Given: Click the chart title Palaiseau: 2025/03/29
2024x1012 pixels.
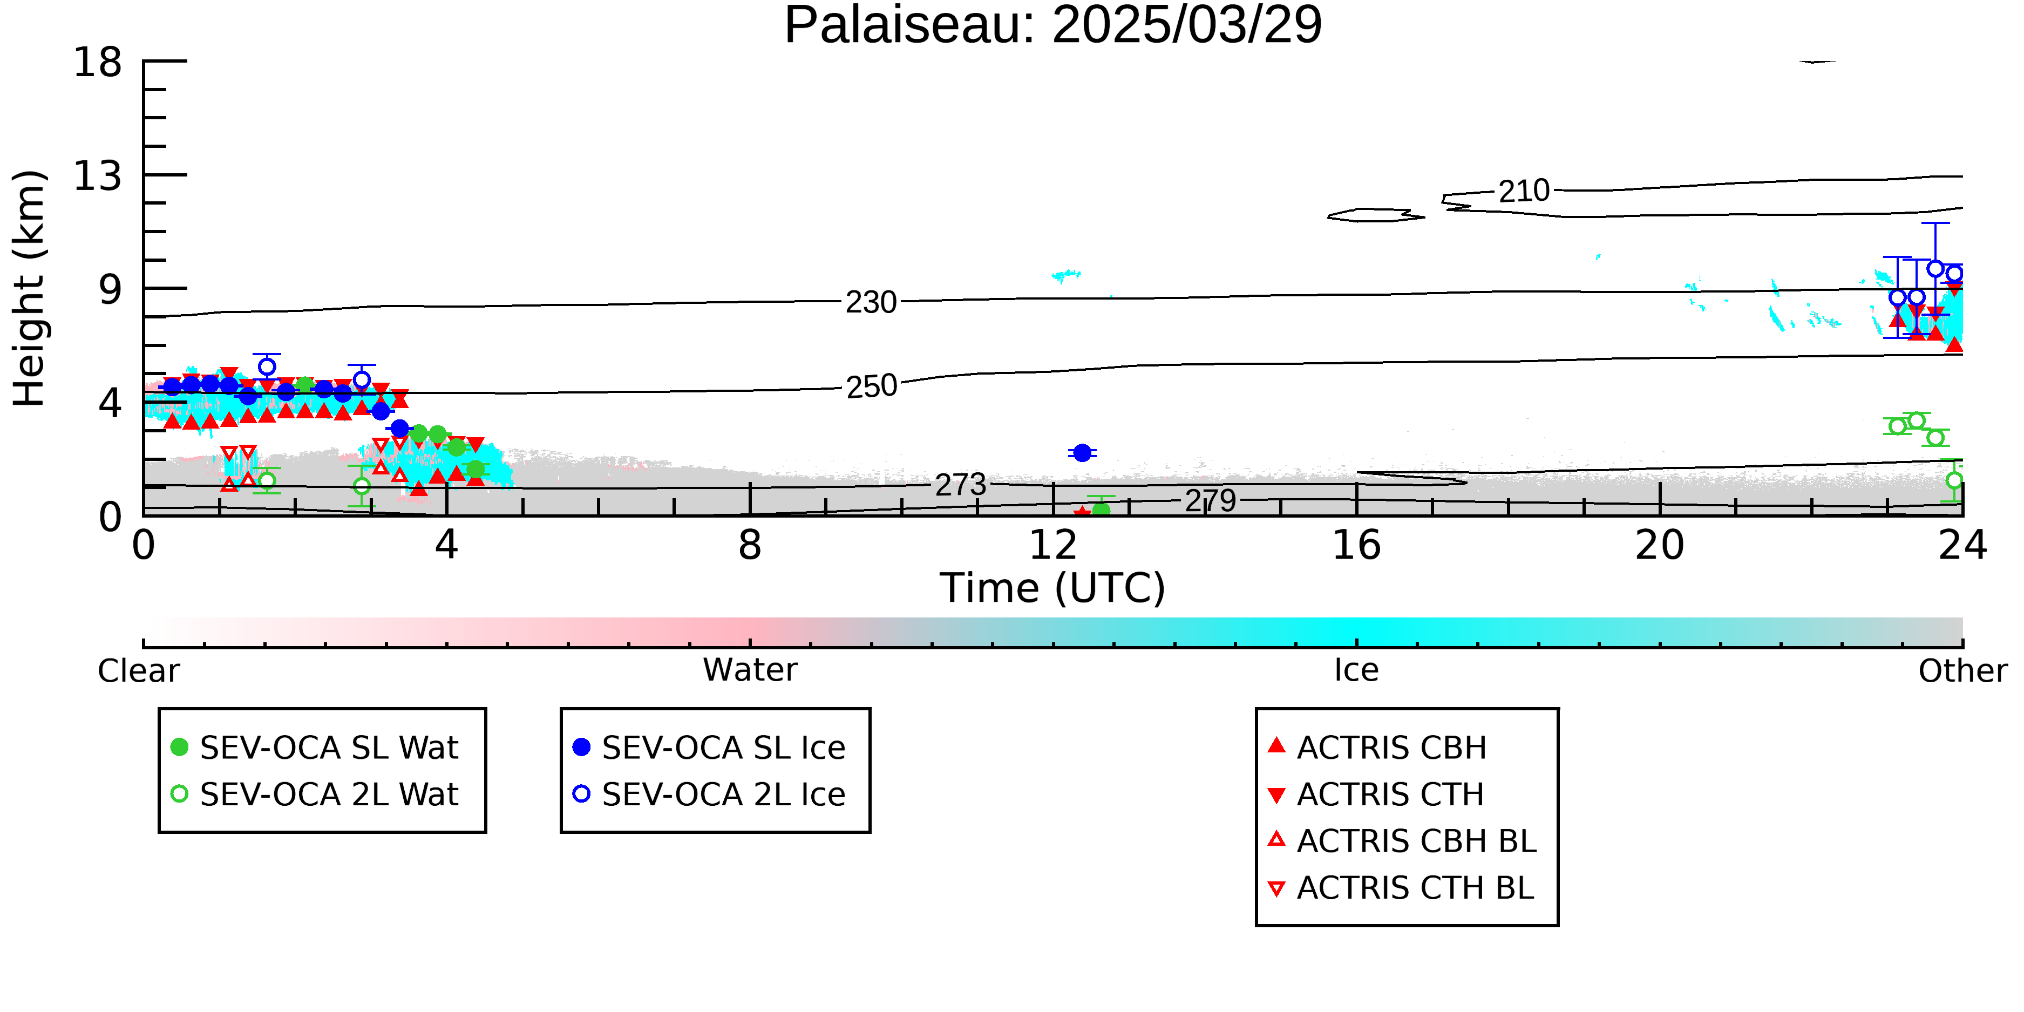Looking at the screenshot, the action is (x=1053, y=25).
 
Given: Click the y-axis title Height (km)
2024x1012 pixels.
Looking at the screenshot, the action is (x=29, y=288).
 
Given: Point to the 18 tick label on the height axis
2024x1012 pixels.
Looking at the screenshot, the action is (x=98, y=62).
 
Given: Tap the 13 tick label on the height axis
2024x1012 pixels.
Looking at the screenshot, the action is (x=98, y=176).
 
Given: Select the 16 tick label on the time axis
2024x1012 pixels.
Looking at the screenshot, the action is (x=1356, y=545).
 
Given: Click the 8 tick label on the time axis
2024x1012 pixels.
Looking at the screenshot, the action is (x=750, y=545).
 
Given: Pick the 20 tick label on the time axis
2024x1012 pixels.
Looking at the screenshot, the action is (x=1660, y=545).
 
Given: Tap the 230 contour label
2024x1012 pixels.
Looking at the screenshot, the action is (x=871, y=302).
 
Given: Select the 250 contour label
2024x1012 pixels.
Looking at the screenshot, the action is (x=871, y=386).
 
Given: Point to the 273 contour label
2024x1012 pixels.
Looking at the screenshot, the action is (x=960, y=485).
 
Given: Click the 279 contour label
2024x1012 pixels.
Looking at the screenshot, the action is (x=1211, y=500).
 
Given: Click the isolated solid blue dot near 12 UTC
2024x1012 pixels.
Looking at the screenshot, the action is (x=1082, y=453).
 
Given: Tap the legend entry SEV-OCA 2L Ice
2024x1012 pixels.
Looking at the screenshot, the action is (x=710, y=794).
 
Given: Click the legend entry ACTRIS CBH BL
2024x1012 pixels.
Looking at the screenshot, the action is (x=1403, y=841).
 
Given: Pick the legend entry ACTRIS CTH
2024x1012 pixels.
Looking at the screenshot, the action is (x=1376, y=794).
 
